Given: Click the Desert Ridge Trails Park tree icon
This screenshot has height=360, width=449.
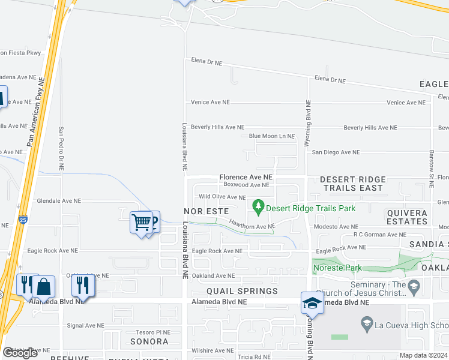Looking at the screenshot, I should (x=259, y=208).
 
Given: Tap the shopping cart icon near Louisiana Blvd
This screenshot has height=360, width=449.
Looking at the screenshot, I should (x=141, y=223).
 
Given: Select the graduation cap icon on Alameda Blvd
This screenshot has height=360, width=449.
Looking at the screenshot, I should (x=312, y=304).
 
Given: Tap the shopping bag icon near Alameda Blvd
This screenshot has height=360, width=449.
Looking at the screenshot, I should (x=44, y=286).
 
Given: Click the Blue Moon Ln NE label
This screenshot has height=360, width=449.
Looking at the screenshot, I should (x=271, y=137).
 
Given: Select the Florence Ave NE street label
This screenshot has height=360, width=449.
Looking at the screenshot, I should (x=246, y=178).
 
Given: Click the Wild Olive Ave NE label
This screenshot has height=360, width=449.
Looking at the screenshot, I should (x=222, y=197).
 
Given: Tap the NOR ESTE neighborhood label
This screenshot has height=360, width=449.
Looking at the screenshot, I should (x=206, y=212).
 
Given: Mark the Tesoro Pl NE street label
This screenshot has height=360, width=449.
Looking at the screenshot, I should (x=153, y=332).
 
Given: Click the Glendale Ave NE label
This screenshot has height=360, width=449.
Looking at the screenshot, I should (x=59, y=202).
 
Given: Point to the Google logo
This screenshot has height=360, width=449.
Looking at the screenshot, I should (x=20, y=353).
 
